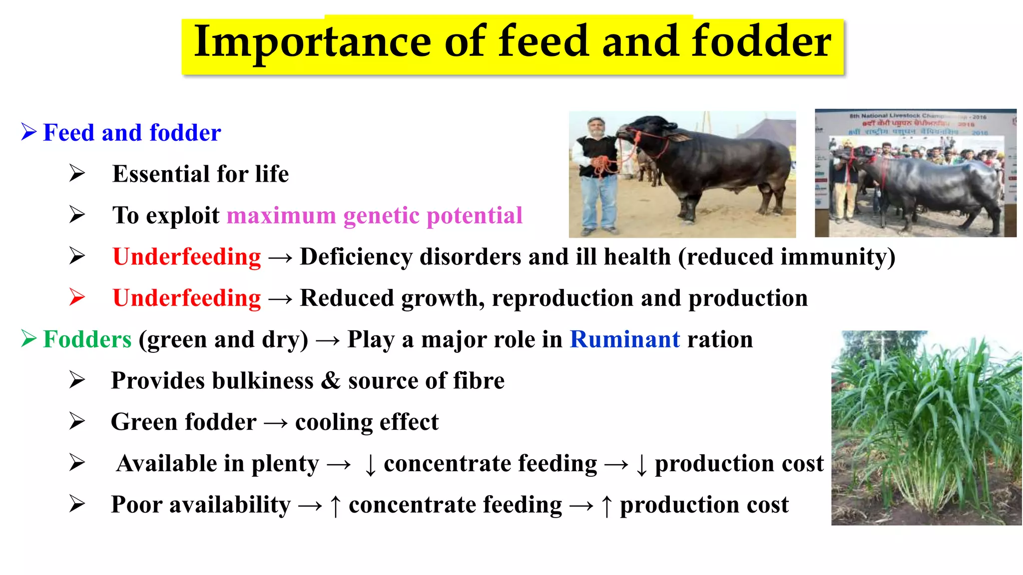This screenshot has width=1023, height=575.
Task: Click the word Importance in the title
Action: (x=312, y=42)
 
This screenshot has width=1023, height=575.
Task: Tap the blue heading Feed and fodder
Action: (x=132, y=133)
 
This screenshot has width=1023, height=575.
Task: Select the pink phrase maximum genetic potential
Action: (x=374, y=216)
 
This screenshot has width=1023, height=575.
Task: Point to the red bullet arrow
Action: (x=77, y=297)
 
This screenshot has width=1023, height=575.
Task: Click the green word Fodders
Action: (x=87, y=339)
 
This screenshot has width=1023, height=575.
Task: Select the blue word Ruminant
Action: (x=624, y=339)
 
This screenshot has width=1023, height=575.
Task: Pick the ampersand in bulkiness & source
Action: (x=331, y=381)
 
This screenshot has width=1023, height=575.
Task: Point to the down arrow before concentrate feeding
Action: (x=370, y=464)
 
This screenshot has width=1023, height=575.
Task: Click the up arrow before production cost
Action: (x=606, y=505)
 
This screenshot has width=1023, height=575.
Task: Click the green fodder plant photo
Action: (x=926, y=428)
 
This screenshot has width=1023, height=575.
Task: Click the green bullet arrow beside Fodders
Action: (x=29, y=339)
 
